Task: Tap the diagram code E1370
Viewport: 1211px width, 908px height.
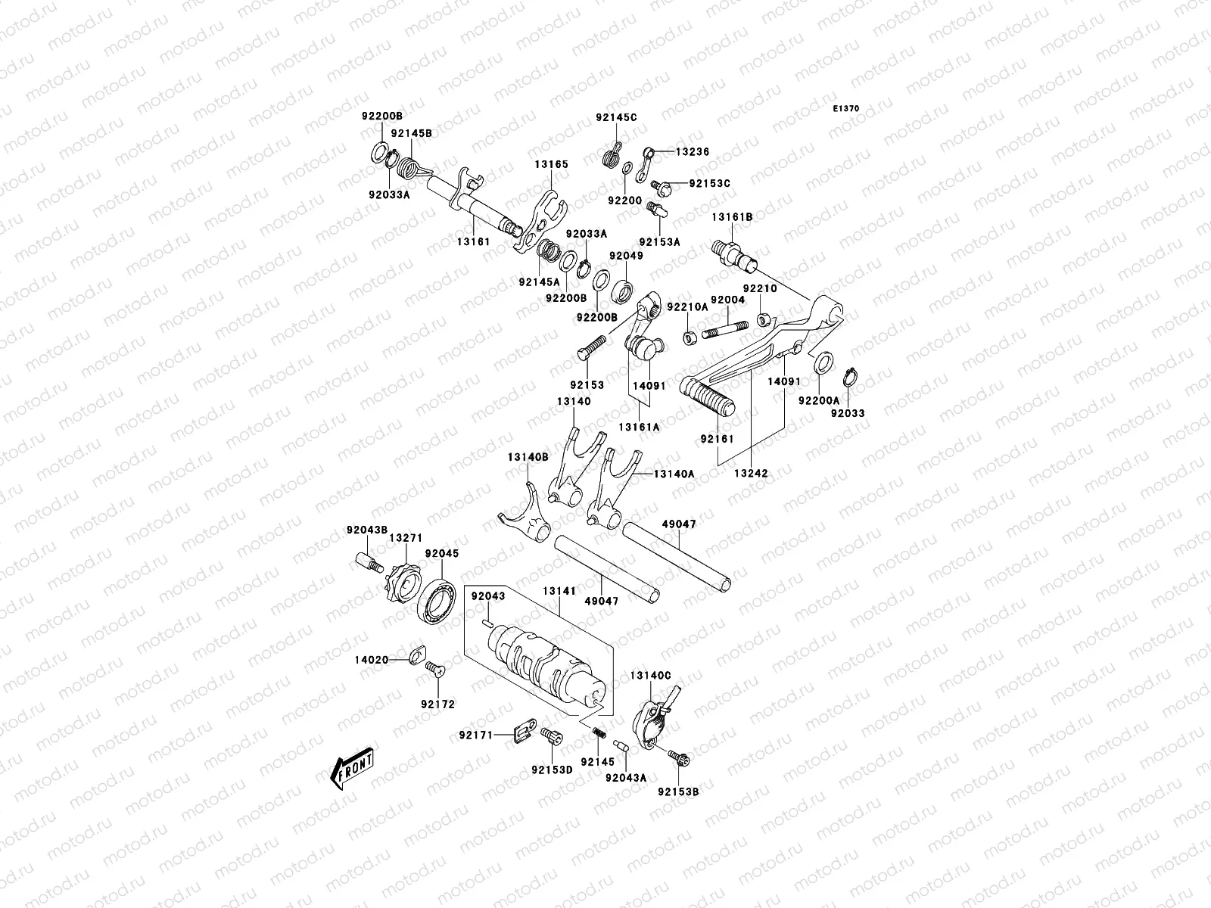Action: click(847, 109)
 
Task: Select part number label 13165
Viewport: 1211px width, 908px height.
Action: click(551, 164)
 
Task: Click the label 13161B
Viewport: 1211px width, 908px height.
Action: click(731, 217)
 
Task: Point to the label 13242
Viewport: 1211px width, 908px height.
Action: click(750, 473)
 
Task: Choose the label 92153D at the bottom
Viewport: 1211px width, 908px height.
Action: click(551, 770)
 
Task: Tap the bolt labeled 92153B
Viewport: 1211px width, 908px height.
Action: click(676, 756)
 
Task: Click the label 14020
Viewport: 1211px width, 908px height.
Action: click(371, 660)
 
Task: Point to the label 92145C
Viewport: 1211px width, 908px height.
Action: click(616, 117)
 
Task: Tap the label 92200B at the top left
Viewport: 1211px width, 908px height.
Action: click(381, 116)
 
